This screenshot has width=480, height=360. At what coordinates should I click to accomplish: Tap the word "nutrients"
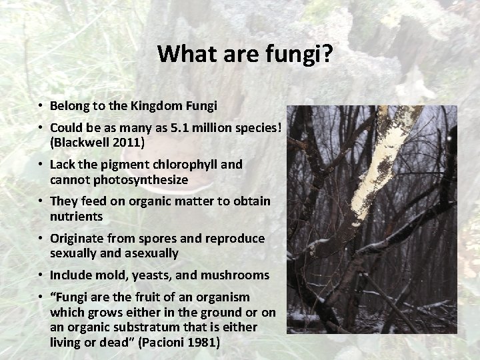click(x=76, y=217)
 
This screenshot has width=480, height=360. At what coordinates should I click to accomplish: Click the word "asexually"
click(x=150, y=253)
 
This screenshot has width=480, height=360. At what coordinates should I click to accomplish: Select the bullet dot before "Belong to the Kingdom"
click(x=41, y=105)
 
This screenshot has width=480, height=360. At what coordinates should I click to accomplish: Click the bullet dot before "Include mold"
click(x=41, y=275)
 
